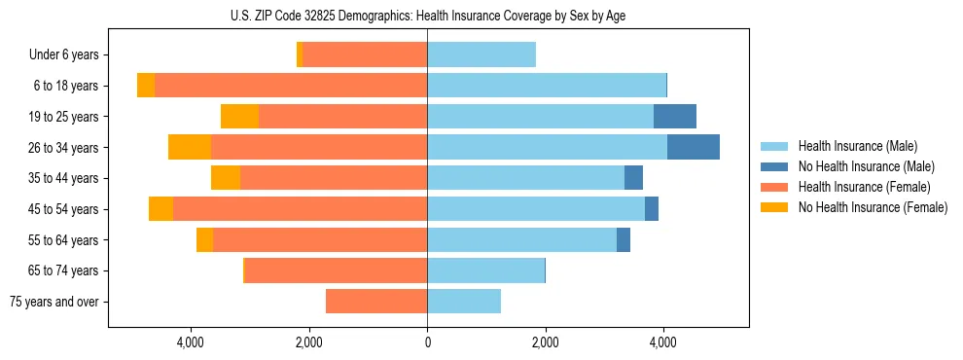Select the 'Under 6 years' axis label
coord(64,55)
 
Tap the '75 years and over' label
coord(54,302)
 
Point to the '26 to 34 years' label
coord(63,148)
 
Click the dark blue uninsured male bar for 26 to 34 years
coord(693,148)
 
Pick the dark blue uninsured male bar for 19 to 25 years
coord(674,117)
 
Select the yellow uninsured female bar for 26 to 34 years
coord(190,148)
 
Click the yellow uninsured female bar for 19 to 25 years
coord(239,117)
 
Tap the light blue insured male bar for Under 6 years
coord(481,55)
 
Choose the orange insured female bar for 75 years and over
coord(376,302)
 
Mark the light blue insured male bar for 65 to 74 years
coord(485,270)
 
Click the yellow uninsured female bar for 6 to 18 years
coord(146,86)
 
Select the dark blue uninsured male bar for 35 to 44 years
coord(633,178)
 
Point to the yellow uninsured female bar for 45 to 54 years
coord(160,209)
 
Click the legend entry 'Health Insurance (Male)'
coord(857,146)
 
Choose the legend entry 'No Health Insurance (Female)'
coord(873,207)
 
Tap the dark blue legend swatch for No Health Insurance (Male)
coord(774,166)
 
